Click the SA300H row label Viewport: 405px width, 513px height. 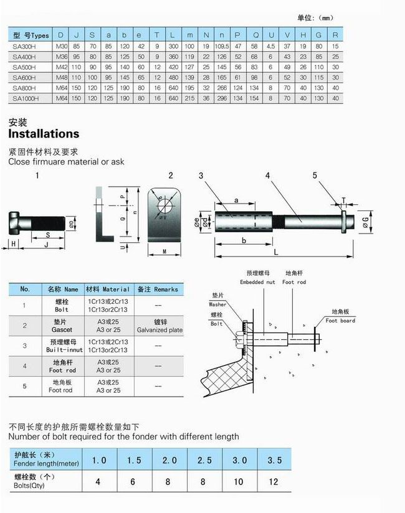[x=24, y=46]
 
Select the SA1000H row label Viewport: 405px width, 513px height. [x=26, y=98]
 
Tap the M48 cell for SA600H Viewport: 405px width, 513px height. [x=60, y=77]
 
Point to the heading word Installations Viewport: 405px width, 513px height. [x=44, y=134]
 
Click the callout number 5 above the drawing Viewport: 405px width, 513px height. [x=315, y=176]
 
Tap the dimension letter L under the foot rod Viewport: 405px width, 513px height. [x=275, y=252]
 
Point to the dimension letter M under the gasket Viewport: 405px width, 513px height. [x=163, y=252]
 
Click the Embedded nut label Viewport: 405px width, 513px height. [x=256, y=282]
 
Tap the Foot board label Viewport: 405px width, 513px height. [x=340, y=321]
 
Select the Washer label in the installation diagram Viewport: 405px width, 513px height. [x=217, y=304]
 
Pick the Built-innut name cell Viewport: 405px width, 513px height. [x=62, y=346]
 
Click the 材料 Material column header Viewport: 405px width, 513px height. [x=108, y=289]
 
